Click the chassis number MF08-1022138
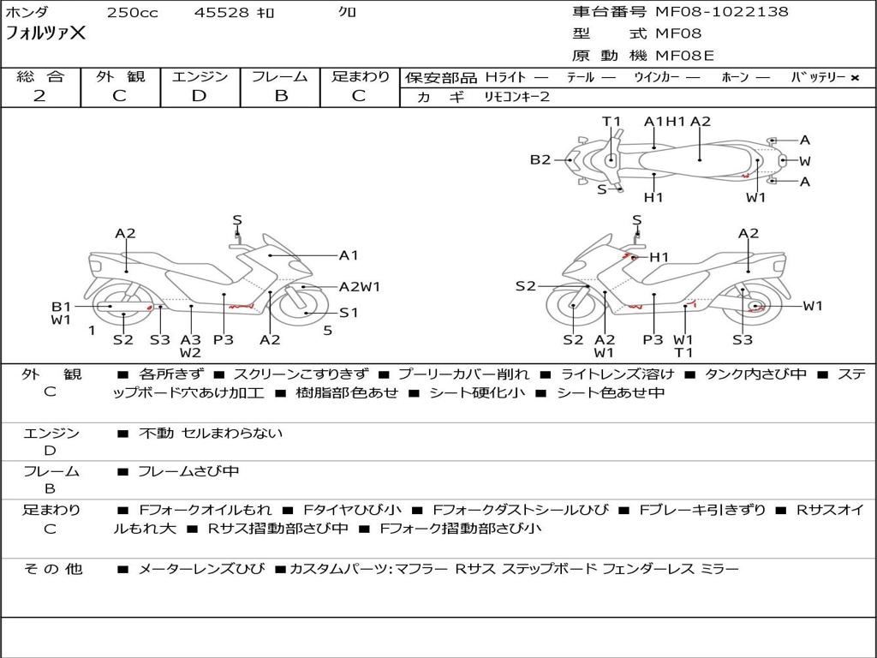(722, 12)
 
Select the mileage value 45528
(221, 13)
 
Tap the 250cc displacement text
(132, 13)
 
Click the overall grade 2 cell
(40, 96)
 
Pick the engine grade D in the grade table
(199, 96)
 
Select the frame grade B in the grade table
(281, 96)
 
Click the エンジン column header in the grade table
(200, 76)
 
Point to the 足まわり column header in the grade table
(361, 76)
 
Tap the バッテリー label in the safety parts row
(818, 77)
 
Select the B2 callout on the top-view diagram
(540, 159)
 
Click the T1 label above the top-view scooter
(611, 122)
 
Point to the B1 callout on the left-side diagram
(61, 306)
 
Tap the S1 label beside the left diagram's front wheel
(349, 313)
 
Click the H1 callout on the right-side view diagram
(659, 257)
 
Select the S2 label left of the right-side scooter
(525, 286)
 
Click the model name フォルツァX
(45, 34)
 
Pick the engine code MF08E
(684, 56)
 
